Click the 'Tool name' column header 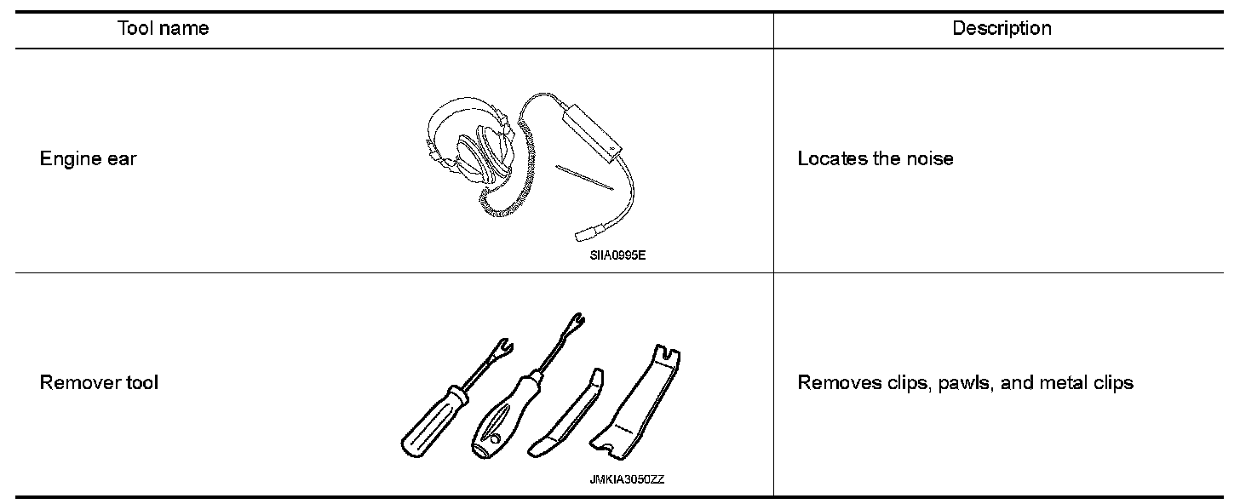click(163, 29)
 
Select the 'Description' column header click(1002, 29)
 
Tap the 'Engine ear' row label click(88, 159)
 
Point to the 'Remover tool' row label click(99, 383)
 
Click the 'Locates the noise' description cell click(875, 159)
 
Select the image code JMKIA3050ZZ click(627, 479)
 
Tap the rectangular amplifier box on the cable click(589, 128)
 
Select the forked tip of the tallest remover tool click(575, 324)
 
